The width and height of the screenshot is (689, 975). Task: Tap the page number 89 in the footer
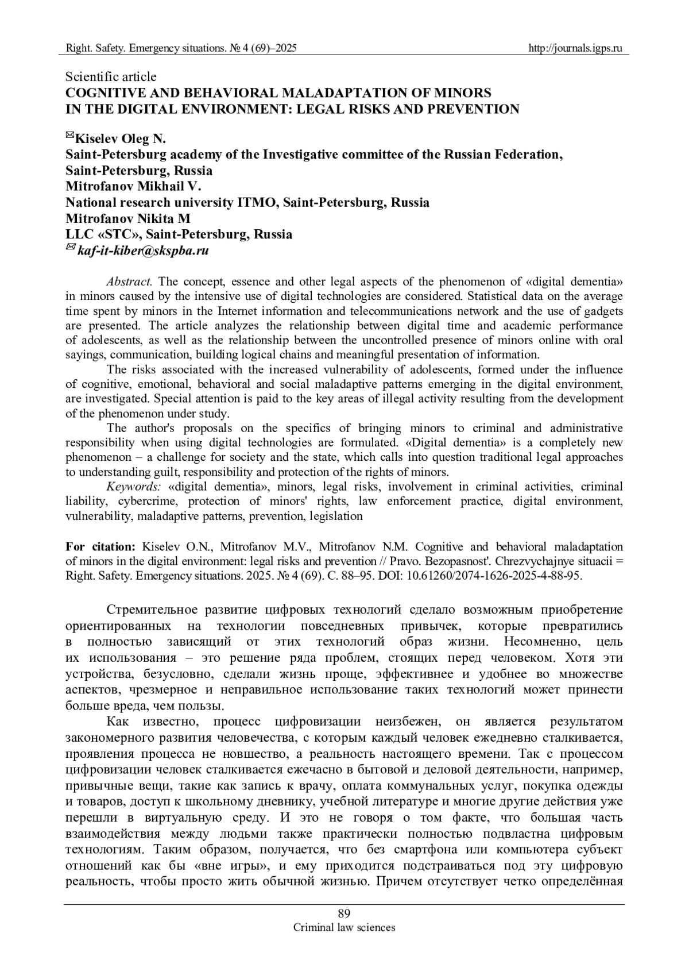(344, 914)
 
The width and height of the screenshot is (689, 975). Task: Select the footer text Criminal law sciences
(344, 927)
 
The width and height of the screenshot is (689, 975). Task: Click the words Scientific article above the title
(111, 76)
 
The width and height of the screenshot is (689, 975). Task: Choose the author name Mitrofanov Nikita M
(128, 218)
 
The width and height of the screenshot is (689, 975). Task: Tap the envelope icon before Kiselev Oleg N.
(70, 136)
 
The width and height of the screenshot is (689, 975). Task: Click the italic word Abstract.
(129, 282)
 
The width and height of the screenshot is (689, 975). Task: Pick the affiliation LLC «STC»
(102, 234)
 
